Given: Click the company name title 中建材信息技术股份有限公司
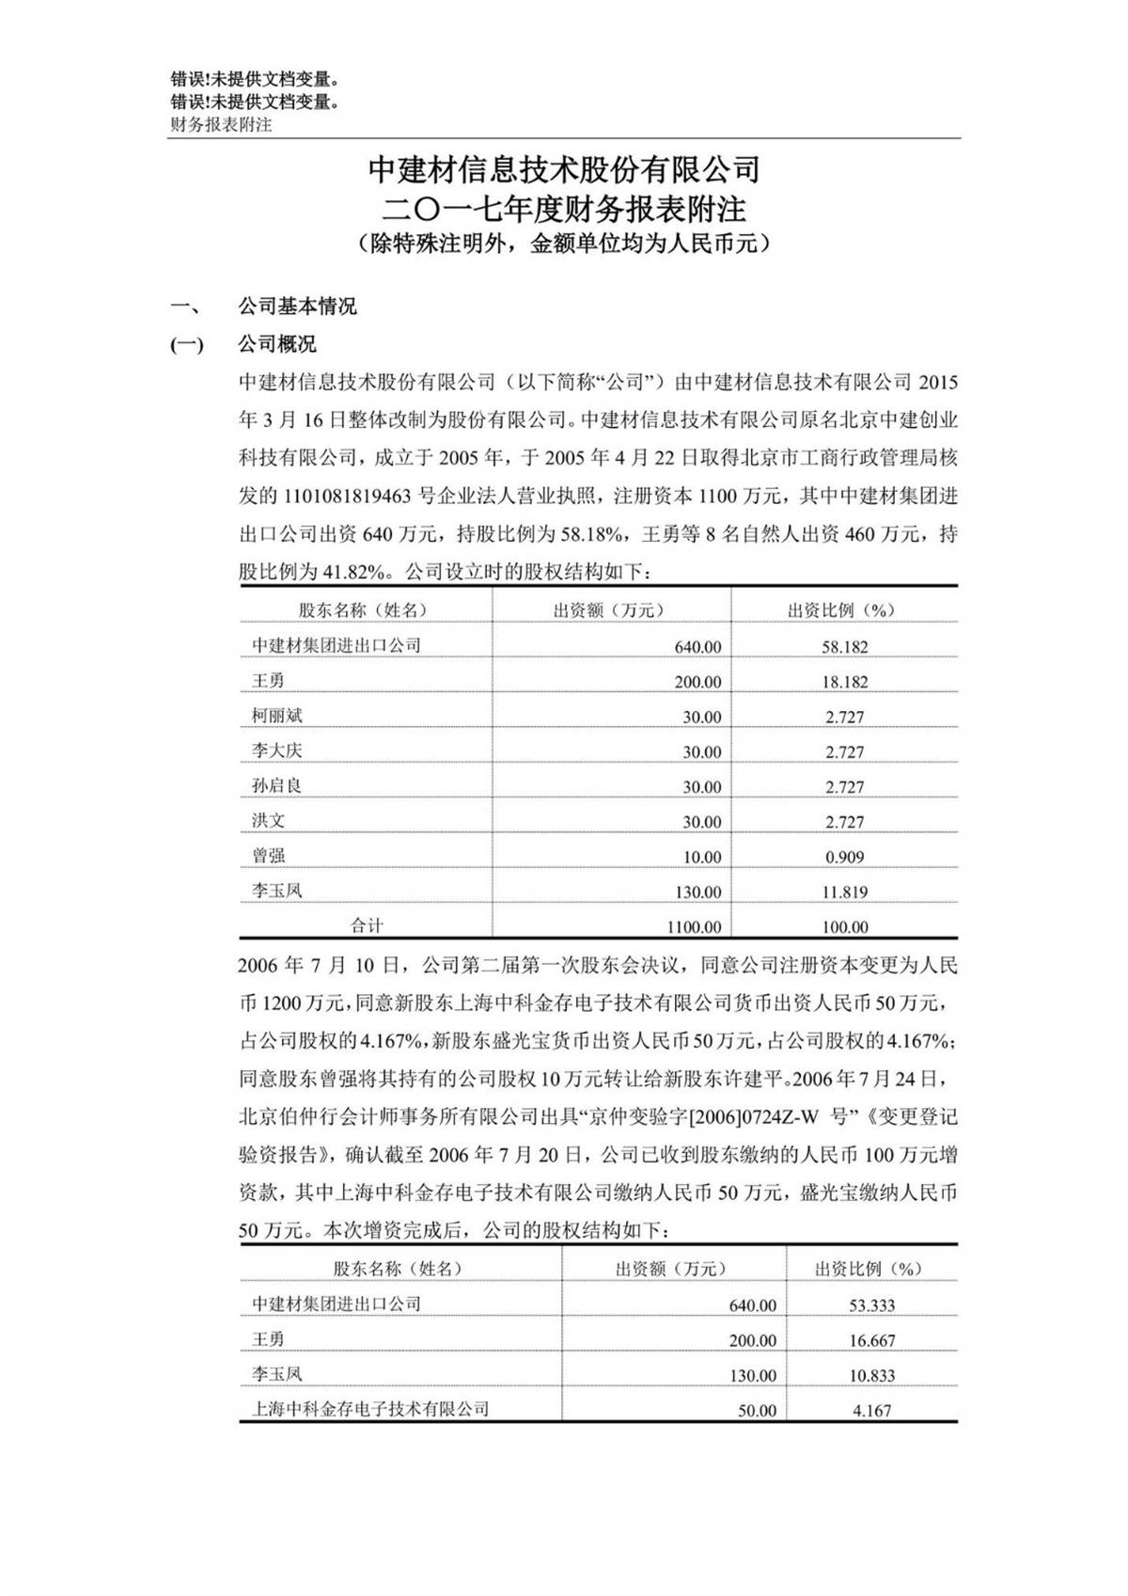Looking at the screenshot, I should point(564,169).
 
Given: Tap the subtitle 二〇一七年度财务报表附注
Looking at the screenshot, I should point(564,207).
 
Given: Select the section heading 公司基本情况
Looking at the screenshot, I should point(297,307).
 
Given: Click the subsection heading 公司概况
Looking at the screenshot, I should point(277,344).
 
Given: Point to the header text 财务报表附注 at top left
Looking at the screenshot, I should point(221,124).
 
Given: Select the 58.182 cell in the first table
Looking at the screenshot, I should point(844,647).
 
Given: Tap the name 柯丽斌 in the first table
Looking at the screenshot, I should point(277,716).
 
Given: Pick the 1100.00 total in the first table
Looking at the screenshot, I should point(694,927).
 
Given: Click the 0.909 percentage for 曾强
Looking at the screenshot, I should point(844,857).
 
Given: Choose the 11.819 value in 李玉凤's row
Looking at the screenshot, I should point(844,892).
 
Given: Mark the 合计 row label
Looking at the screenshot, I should point(367,926).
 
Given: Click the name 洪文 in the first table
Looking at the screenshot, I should point(268,821).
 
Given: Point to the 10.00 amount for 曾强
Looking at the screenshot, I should point(702,857).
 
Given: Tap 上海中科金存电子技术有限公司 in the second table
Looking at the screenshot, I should point(370,1409).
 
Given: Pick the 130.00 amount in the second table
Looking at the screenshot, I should point(753,1375).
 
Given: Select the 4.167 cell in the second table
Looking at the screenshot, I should point(871,1411).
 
